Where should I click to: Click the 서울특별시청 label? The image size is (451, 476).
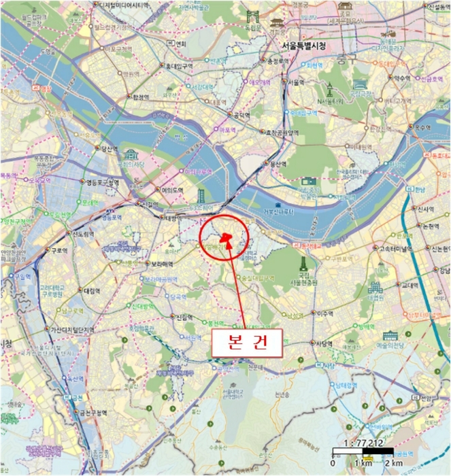point(303,46)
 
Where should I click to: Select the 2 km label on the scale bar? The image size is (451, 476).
point(394,463)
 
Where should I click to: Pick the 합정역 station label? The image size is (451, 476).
point(141,97)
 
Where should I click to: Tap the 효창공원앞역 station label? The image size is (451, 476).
point(282,133)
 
